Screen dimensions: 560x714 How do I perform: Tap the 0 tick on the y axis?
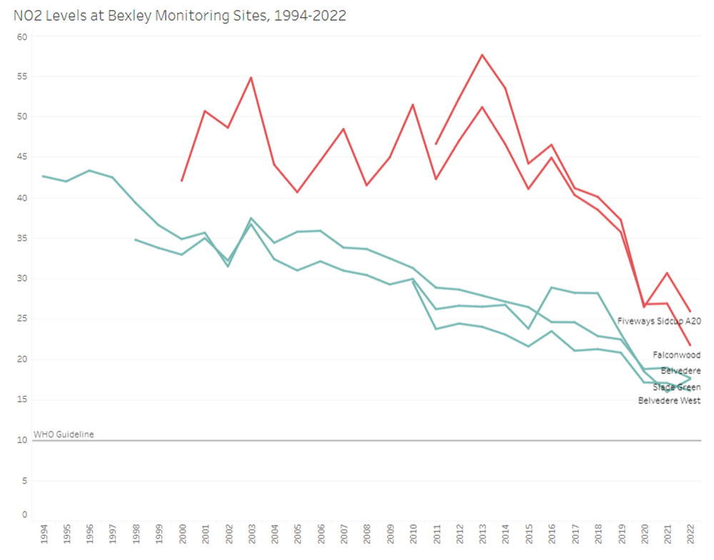click(x=24, y=514)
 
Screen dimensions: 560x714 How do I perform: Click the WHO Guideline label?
click(x=64, y=434)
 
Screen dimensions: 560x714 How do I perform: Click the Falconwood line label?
click(x=676, y=355)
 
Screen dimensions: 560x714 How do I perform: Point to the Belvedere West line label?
click(x=669, y=401)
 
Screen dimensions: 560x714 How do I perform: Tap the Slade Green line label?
click(x=676, y=387)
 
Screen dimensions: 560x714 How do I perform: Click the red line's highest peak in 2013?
click(x=482, y=54)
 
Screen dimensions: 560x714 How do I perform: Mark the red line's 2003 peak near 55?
click(x=251, y=77)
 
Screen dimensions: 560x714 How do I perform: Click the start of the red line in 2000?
click(x=182, y=180)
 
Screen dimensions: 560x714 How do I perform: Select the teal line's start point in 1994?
click(x=44, y=175)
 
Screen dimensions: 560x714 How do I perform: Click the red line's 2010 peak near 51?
click(x=413, y=105)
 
